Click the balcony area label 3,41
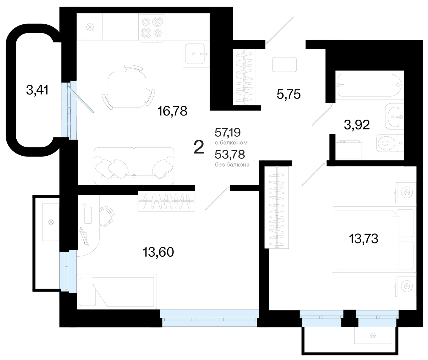pos(37,90)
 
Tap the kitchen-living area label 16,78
pos(172,111)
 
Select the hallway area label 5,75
pos(289,94)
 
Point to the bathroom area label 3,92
pos(357,124)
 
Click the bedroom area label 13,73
pos(364,239)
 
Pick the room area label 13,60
pos(158,252)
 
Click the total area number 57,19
pos(228,132)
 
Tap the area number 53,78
pos(230,154)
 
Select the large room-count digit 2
pos(199,147)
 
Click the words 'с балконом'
pos(231,143)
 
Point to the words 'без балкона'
pos(232,165)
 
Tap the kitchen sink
pos(195,54)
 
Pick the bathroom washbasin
pos(395,117)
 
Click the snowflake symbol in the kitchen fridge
pos(90,27)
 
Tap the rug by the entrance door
pos(284,64)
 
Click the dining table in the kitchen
pos(127,89)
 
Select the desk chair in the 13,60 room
pos(107,216)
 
